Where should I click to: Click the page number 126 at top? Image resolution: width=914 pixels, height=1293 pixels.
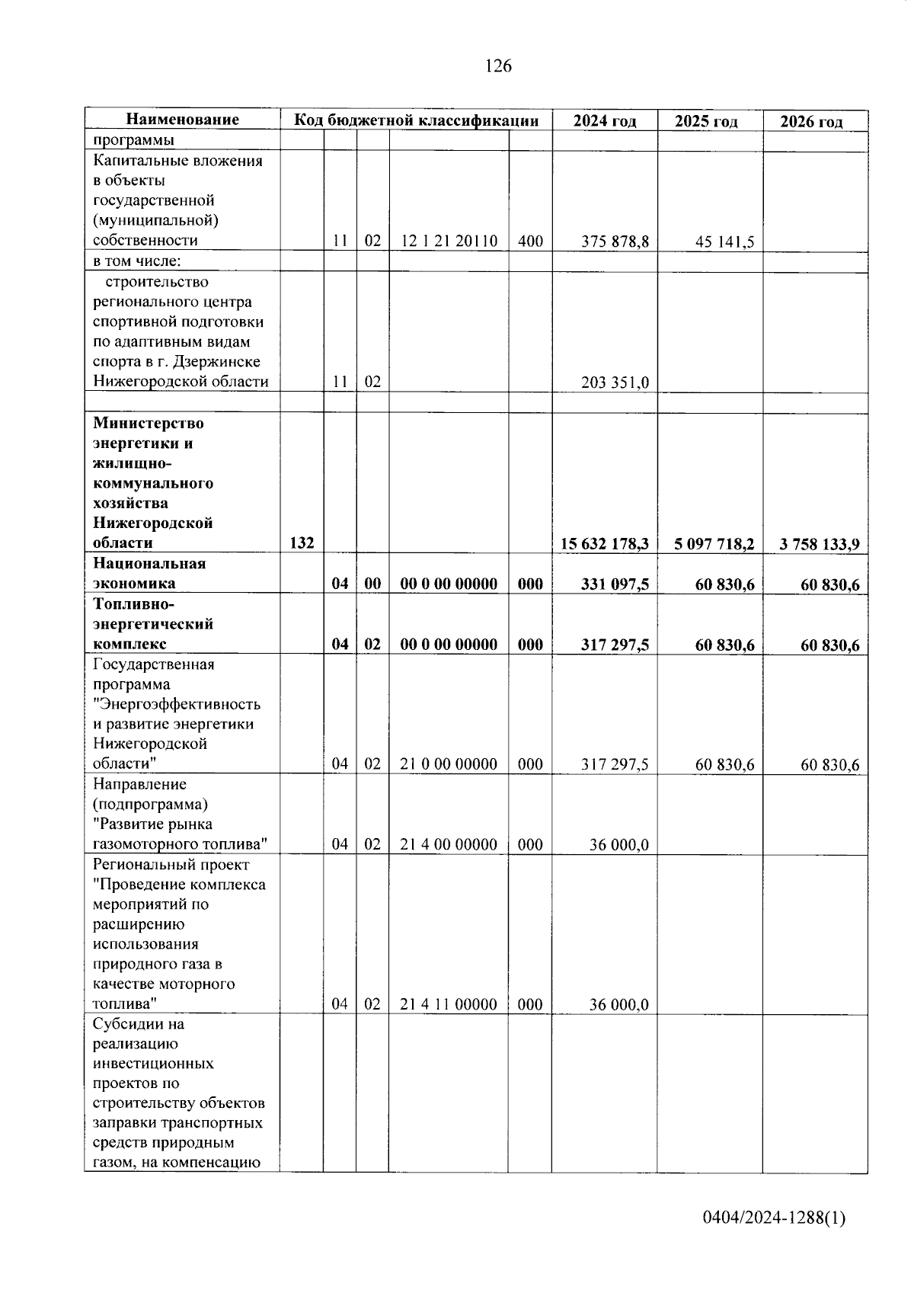(x=498, y=66)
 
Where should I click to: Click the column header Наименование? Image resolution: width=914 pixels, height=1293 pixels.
(x=182, y=120)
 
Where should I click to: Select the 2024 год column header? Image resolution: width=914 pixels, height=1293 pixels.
(x=604, y=121)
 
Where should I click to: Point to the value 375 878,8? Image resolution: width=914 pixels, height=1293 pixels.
(x=615, y=242)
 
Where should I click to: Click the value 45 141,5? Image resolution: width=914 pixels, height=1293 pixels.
(x=724, y=242)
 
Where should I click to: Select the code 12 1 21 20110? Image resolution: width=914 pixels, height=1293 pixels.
(x=449, y=242)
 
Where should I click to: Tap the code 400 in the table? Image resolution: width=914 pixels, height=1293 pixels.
(x=530, y=242)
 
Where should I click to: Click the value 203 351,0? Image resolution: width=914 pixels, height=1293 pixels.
(x=615, y=382)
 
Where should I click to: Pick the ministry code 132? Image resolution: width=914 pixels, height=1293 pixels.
(x=302, y=543)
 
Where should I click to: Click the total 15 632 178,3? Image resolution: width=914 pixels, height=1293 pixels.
(x=604, y=543)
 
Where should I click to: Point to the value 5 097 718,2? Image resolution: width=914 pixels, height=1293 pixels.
(x=714, y=544)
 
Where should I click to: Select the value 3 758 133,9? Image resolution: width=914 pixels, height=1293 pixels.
(x=820, y=544)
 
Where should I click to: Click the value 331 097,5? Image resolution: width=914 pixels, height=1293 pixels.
(x=615, y=584)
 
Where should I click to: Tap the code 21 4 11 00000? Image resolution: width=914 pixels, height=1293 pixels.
(x=448, y=1005)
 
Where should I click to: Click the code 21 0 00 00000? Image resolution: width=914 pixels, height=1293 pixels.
(x=448, y=764)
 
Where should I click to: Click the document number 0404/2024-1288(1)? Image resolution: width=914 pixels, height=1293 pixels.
(x=774, y=1218)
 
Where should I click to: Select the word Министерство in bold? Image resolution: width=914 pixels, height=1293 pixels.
(x=149, y=424)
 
